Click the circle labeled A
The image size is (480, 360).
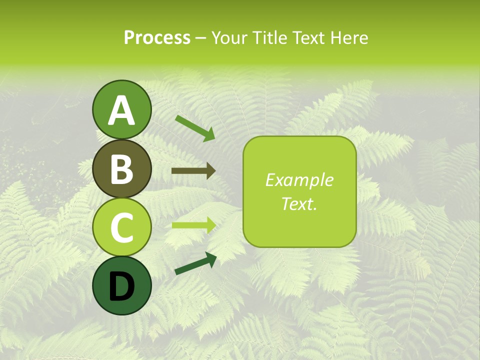click(121, 109)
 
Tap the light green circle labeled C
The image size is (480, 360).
click(121, 226)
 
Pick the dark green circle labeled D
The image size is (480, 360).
click(121, 285)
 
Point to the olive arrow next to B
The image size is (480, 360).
click(193, 171)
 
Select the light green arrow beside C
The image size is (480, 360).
click(193, 225)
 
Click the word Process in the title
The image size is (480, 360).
click(157, 37)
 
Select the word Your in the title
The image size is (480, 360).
click(227, 37)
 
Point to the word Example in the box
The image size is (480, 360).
click(299, 180)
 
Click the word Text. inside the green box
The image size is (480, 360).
click(299, 204)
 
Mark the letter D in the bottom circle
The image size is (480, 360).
click(121, 286)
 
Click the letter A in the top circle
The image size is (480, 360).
click(121, 110)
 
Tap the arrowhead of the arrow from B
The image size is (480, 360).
click(211, 171)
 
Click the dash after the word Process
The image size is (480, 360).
click(201, 38)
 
